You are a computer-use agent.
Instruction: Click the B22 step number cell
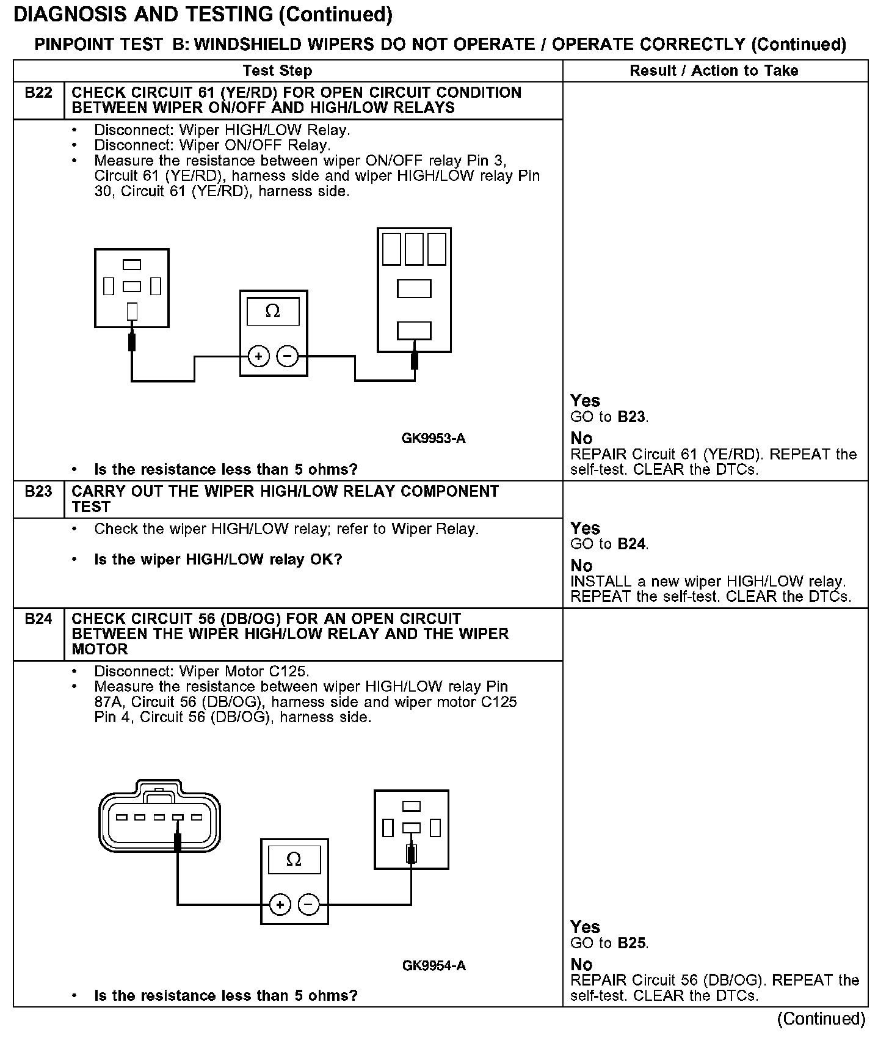[x=38, y=93]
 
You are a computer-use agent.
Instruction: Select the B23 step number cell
[x=38, y=492]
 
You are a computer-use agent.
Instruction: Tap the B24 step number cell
[x=38, y=619]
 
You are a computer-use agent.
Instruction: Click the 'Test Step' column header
[x=277, y=71]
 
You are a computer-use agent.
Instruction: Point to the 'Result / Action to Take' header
[x=714, y=71]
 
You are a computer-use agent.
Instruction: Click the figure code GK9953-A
[x=434, y=439]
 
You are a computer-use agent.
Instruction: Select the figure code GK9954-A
[x=434, y=966]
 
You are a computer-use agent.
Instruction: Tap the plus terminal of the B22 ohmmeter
[x=259, y=356]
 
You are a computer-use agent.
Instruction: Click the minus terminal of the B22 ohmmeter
[x=288, y=356]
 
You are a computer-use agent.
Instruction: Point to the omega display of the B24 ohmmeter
[x=294, y=860]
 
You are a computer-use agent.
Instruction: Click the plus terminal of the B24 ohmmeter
[x=280, y=905]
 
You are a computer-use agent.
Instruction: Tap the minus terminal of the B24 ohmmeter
[x=309, y=905]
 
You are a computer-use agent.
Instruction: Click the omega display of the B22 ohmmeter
[x=273, y=312]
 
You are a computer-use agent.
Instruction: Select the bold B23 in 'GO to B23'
[x=631, y=417]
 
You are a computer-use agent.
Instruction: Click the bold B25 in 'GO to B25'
[x=631, y=943]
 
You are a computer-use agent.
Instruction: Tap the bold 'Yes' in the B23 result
[x=585, y=528]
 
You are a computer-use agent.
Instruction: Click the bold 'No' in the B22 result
[x=581, y=439]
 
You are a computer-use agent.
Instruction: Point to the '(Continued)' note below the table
[x=821, y=1019]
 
